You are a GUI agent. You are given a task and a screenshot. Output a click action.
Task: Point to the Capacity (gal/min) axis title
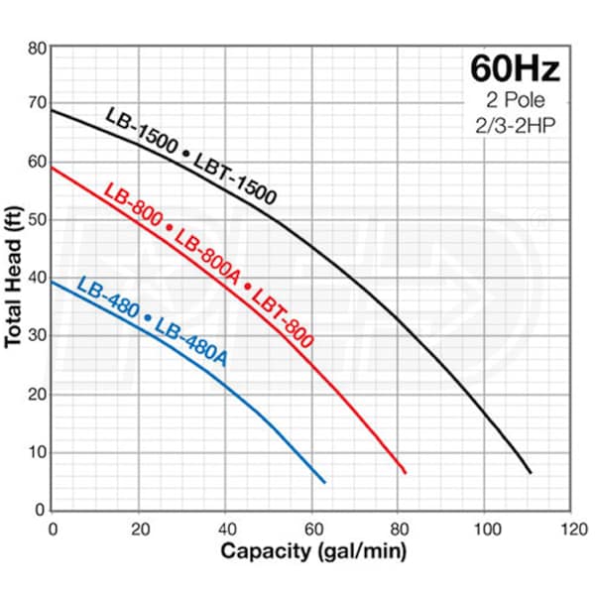(x=312, y=550)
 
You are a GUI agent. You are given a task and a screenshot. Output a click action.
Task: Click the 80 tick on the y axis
(x=37, y=47)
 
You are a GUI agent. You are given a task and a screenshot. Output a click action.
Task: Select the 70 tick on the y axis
(x=37, y=104)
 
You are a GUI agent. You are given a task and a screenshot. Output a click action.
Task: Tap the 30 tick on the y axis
(x=37, y=336)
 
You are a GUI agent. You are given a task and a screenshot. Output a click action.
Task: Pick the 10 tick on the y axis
(x=37, y=452)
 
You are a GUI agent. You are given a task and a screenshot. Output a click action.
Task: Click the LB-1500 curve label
(x=141, y=132)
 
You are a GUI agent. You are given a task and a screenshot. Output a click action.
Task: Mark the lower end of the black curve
(x=531, y=473)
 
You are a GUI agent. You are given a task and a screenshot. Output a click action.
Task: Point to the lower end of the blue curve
(x=324, y=482)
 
